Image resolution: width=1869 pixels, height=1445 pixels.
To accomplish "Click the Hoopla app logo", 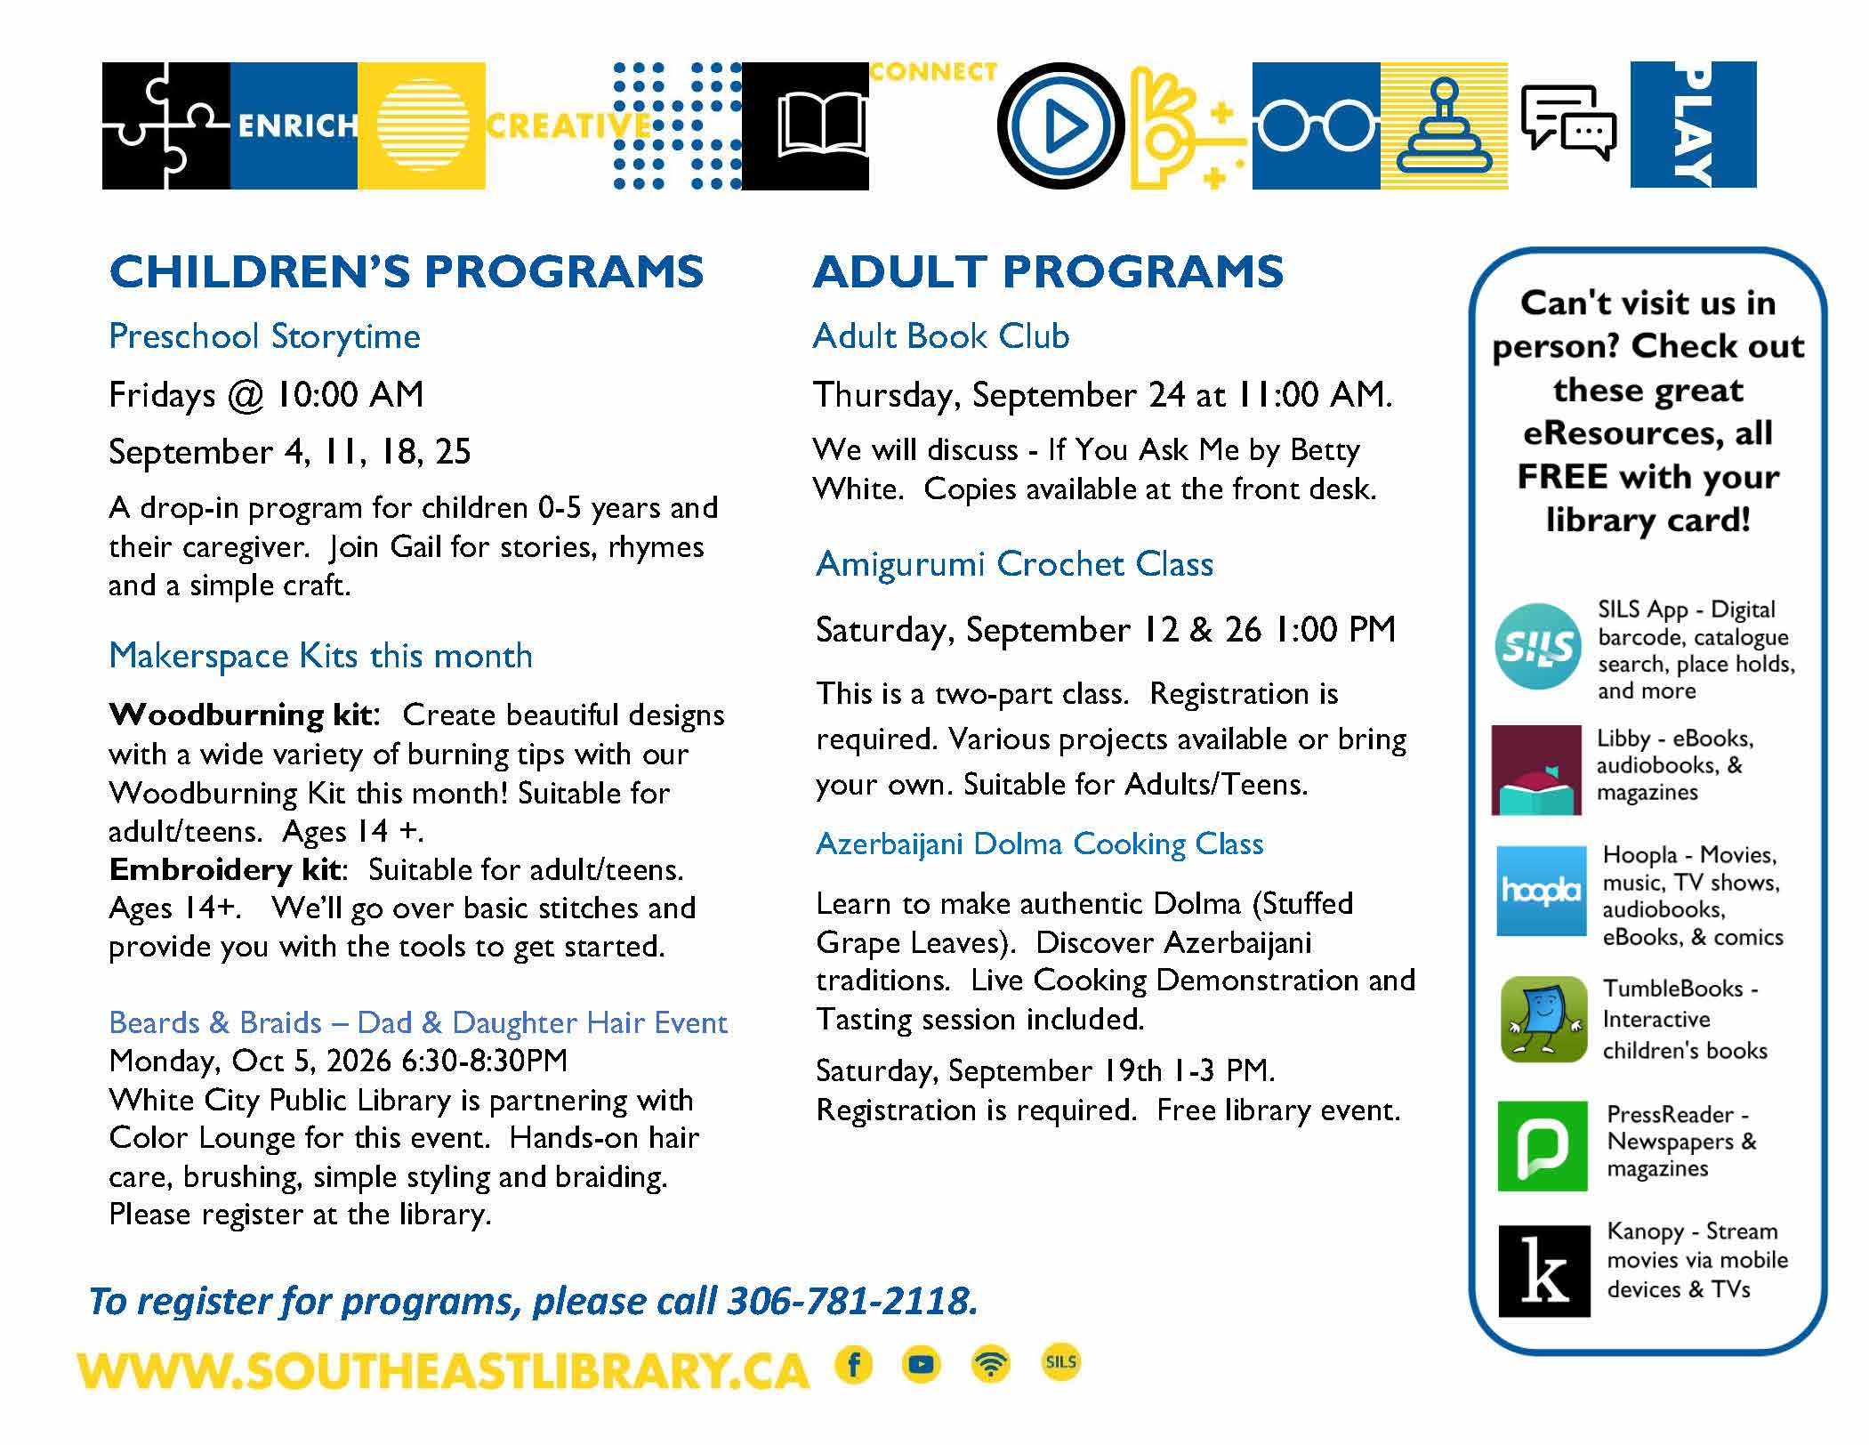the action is pos(1541,891).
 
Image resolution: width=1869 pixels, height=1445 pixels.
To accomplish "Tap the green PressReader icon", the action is pos(1542,1145).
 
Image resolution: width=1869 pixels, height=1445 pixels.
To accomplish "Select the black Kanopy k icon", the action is pos(1543,1271).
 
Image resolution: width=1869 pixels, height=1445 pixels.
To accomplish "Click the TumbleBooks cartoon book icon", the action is pos(1543,1020).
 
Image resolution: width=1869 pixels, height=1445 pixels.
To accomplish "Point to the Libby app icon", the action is pos(1536,770).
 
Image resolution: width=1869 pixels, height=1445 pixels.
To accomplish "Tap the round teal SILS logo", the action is pos(1538,646).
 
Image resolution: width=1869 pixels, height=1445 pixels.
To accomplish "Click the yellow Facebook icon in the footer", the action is pos(854,1364).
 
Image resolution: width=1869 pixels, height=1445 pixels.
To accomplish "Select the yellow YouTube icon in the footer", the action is pos(922,1364).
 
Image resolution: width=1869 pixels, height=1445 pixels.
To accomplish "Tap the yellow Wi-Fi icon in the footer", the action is pos(991,1364).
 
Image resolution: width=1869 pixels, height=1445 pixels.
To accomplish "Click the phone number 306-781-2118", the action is pos(852,1301).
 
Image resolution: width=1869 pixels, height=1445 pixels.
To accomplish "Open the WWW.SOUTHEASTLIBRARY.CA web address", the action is pos(443,1371).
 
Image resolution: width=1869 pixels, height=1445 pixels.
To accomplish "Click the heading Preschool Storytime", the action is pos(264,336).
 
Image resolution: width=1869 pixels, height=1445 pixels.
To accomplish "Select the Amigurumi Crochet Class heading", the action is pos(1014,564).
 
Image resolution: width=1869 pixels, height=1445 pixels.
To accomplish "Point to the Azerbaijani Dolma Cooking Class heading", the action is pos(1039,844).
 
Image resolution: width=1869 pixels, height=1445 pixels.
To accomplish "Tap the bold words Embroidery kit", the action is pos(224,869).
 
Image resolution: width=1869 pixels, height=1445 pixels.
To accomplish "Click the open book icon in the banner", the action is pos(821,126).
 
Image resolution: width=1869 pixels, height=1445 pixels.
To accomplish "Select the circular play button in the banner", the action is pos(1061,126).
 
